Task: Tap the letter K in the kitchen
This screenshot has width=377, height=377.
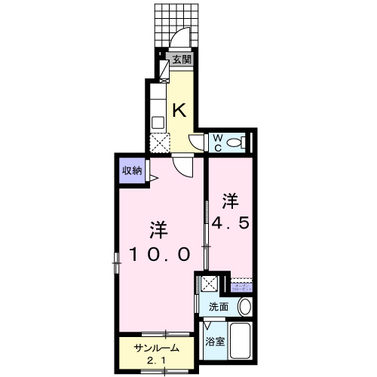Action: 179,110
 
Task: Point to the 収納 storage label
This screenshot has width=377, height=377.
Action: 132,170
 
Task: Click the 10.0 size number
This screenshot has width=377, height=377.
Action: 157,254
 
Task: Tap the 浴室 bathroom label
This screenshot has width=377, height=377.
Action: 215,342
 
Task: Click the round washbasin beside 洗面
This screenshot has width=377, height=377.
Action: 244,307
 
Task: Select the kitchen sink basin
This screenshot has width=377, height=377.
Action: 158,121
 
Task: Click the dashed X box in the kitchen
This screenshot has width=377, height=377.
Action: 159,142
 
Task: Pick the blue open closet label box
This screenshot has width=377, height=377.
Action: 241,287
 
